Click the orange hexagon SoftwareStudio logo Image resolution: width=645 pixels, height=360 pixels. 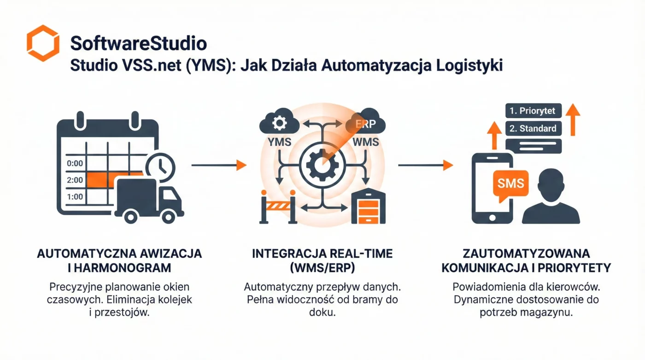point(43,43)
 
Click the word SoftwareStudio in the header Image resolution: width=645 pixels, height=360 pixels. point(138,44)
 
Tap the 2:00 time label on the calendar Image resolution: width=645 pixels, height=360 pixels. point(75,180)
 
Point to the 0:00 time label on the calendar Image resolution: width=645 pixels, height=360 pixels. point(75,163)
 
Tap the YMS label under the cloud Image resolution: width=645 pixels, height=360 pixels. point(279,142)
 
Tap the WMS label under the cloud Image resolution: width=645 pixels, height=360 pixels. point(365,142)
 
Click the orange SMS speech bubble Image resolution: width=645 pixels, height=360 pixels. point(510,183)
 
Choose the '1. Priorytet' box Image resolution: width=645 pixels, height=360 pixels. point(533,111)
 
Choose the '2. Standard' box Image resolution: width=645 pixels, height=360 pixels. point(533,129)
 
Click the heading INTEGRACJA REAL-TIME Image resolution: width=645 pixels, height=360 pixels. point(322,254)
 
